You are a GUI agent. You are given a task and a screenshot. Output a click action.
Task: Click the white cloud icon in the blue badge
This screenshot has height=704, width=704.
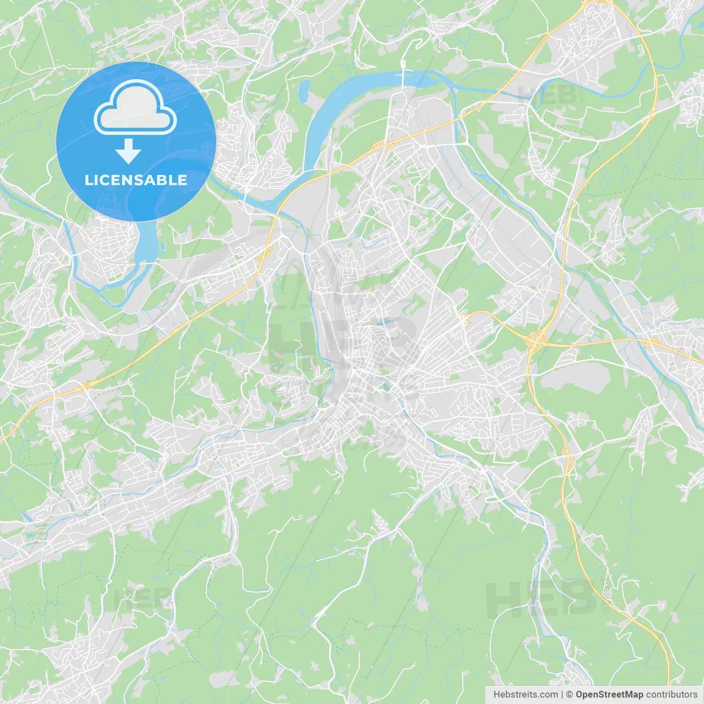tap(135, 108)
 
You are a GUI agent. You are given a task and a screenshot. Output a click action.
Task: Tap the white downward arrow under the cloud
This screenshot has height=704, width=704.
tap(128, 151)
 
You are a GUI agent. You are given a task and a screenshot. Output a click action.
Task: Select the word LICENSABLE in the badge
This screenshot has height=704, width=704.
tap(135, 180)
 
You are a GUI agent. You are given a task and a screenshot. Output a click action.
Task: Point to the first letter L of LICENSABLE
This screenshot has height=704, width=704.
tap(88, 180)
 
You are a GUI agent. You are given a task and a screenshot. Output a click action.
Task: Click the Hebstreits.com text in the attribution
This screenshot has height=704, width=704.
tap(525, 695)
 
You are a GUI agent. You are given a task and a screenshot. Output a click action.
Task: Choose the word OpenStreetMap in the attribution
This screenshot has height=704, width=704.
tap(609, 695)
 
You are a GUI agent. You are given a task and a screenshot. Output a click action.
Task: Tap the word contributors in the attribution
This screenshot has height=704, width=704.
tap(671, 695)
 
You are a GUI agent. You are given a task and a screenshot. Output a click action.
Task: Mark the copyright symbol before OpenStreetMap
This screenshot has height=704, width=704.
tap(570, 695)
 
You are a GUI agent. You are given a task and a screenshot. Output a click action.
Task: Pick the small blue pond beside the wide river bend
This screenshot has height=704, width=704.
tap(304, 91)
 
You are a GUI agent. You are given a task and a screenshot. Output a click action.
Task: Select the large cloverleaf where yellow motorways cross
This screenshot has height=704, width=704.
tap(535, 341)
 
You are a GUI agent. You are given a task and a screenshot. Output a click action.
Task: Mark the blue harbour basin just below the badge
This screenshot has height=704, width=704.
tap(144, 242)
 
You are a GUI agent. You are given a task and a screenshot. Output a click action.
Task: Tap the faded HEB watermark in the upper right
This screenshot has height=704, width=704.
tap(547, 95)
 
